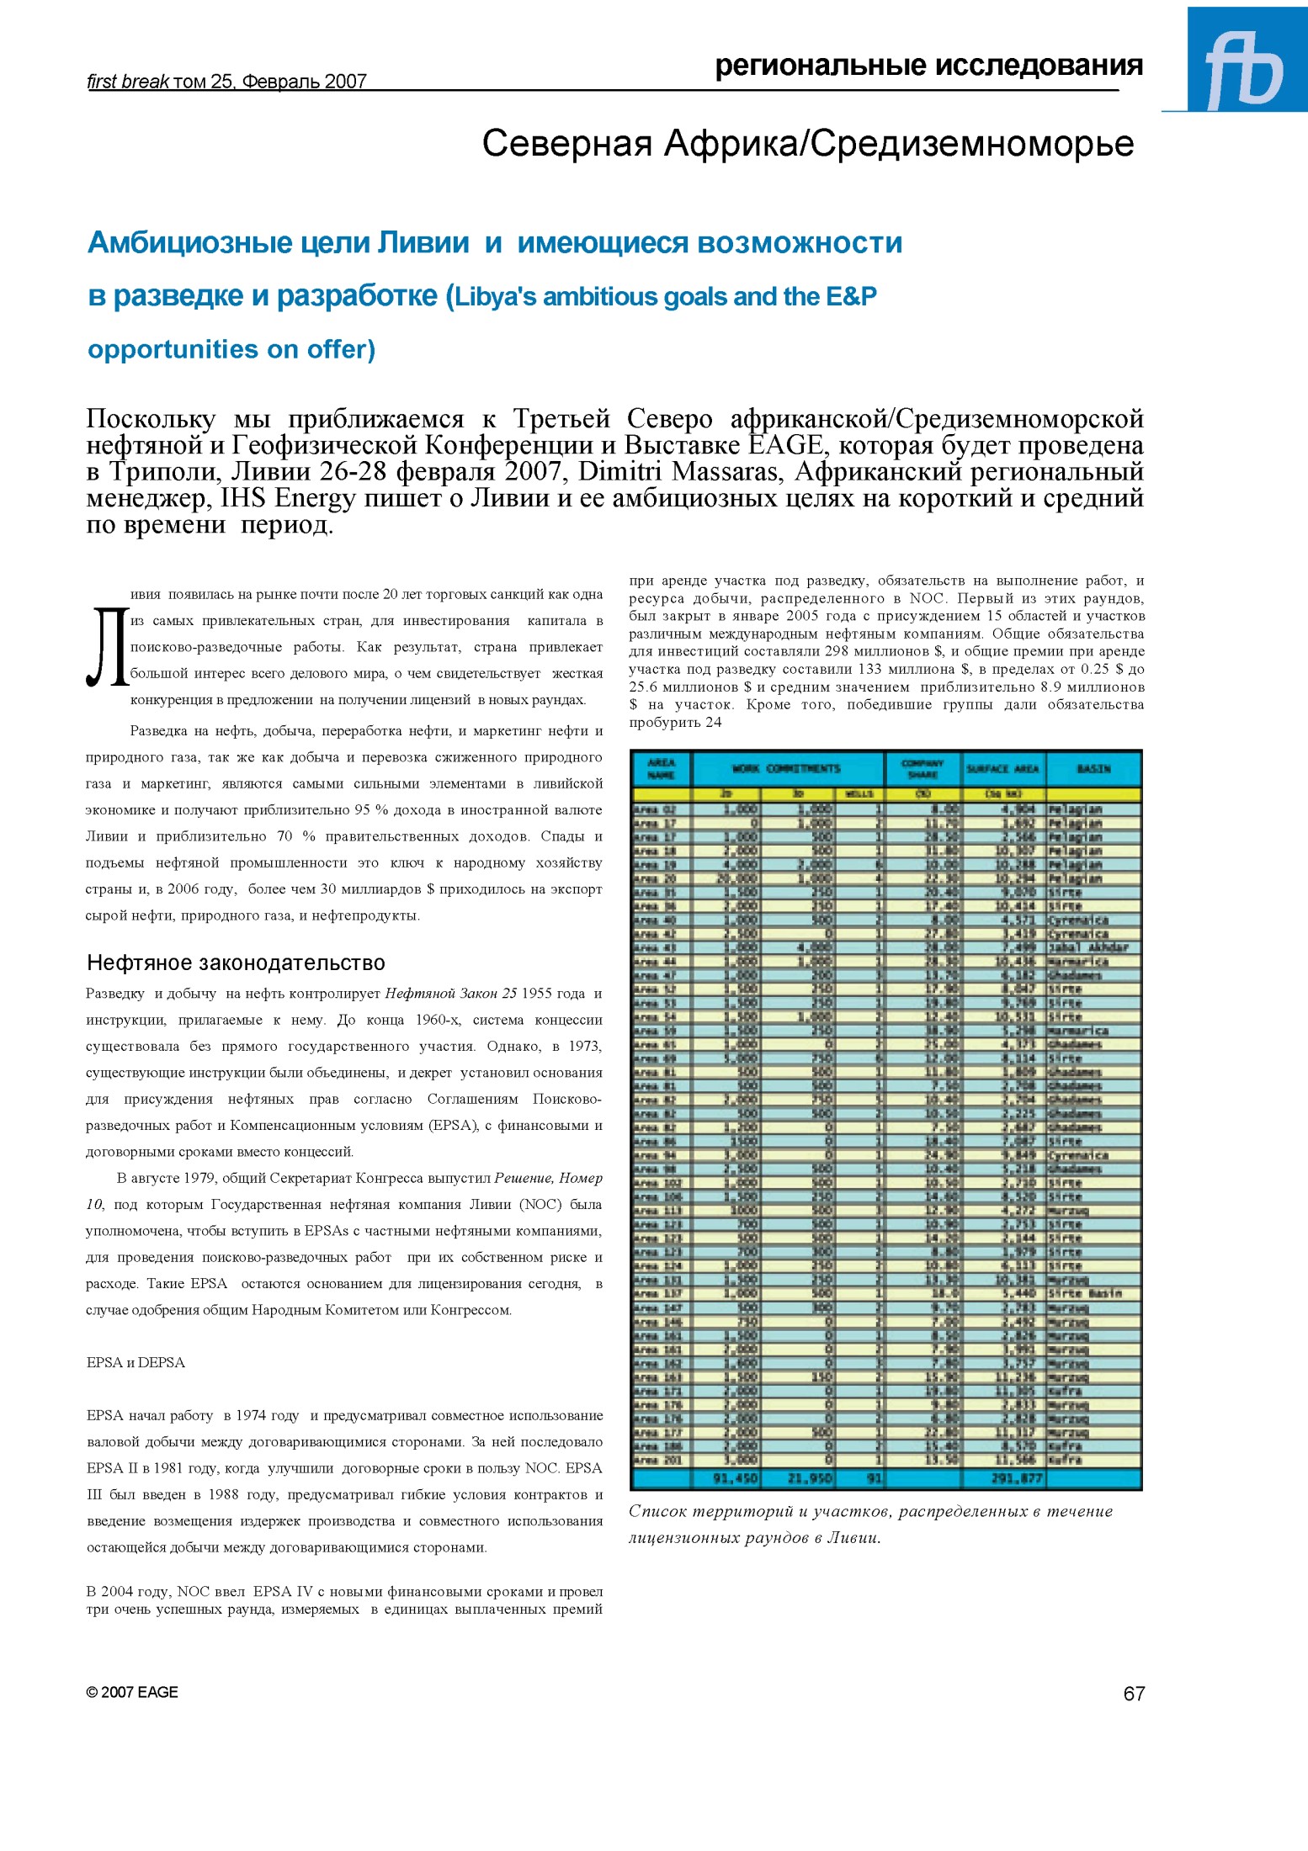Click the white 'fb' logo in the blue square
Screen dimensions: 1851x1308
pyautogui.click(x=1244, y=71)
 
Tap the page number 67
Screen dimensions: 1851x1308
pyautogui.click(x=1134, y=1694)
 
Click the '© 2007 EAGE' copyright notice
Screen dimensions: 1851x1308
pyautogui.click(x=132, y=1692)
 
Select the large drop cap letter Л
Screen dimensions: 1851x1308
pyautogui.click(x=107, y=646)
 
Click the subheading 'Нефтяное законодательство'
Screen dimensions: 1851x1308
pyautogui.click(x=236, y=963)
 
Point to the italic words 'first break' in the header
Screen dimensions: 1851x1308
pyautogui.click(x=128, y=82)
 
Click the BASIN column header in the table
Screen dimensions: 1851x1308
pyautogui.click(x=1093, y=769)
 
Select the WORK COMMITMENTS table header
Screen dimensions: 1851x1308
pyautogui.click(x=786, y=769)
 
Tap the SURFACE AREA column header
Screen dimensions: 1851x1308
pyautogui.click(x=1002, y=769)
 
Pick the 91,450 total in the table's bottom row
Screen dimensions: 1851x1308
pyautogui.click(x=736, y=1478)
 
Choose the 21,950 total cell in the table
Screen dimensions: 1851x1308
pyautogui.click(x=810, y=1478)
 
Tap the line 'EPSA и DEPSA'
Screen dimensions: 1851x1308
pyautogui.click(x=136, y=1362)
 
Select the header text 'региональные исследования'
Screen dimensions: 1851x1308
pyautogui.click(x=928, y=66)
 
